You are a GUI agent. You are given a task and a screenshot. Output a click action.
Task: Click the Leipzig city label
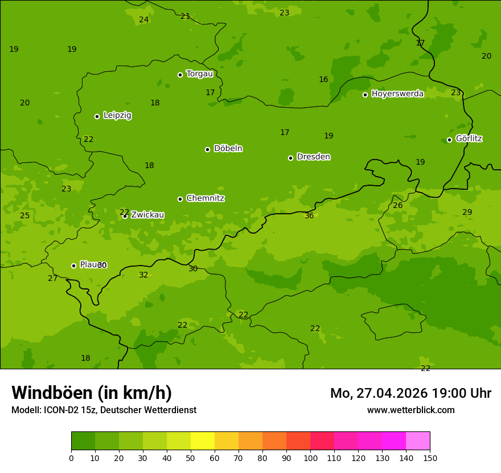click(117, 115)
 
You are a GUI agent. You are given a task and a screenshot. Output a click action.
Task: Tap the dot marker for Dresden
click(290, 158)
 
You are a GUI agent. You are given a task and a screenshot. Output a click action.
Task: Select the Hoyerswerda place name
click(397, 93)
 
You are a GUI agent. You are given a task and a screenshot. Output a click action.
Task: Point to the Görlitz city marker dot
click(449, 140)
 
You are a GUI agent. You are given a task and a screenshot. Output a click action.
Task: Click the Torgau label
click(199, 74)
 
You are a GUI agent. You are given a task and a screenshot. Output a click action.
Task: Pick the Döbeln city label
click(228, 148)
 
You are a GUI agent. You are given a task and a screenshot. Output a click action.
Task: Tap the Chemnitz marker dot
click(180, 199)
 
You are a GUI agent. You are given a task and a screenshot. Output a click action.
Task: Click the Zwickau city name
click(147, 215)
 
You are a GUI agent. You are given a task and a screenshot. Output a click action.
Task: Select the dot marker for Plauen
click(73, 266)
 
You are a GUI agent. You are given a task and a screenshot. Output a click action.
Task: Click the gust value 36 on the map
click(309, 215)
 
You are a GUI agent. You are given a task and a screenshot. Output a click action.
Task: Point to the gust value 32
click(143, 275)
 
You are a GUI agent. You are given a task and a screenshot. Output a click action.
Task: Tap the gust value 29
click(467, 212)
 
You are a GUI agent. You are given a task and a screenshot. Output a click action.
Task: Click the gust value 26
click(397, 205)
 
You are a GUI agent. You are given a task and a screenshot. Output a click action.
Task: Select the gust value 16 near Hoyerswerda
click(323, 79)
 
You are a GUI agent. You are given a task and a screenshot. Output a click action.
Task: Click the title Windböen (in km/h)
click(92, 393)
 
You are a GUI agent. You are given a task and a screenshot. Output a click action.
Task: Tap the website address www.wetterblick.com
click(410, 410)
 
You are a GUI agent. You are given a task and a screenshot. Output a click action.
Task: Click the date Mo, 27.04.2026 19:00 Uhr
click(410, 393)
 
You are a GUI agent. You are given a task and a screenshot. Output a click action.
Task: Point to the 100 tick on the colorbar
click(310, 457)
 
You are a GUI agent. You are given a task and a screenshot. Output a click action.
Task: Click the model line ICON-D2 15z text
click(104, 410)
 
